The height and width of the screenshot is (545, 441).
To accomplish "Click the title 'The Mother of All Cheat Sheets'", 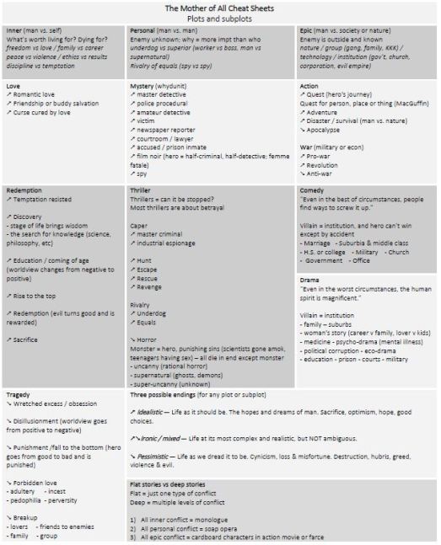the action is pyautogui.click(x=220, y=8).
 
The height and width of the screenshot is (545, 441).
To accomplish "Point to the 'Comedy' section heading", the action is pyautogui.click(x=314, y=190).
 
